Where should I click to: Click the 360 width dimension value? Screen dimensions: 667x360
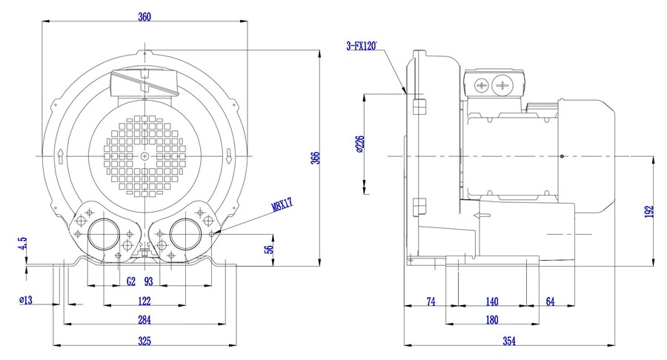(x=145, y=17)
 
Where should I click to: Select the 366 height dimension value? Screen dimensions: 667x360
(x=315, y=158)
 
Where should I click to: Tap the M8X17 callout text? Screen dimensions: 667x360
(x=283, y=204)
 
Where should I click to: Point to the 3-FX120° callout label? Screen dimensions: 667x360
(x=362, y=46)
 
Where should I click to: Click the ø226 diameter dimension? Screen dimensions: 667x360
(x=360, y=144)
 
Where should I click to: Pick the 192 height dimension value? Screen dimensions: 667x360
(x=649, y=212)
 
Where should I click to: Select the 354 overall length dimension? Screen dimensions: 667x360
(x=509, y=341)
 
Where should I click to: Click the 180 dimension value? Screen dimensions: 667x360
(x=492, y=319)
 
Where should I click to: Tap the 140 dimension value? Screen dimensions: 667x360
(x=492, y=301)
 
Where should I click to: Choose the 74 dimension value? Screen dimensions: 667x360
(x=431, y=301)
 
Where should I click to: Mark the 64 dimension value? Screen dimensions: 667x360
(x=551, y=301)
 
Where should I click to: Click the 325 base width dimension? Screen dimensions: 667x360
(x=145, y=341)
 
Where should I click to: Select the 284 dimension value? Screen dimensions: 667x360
(x=145, y=319)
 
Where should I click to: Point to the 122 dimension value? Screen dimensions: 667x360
(x=145, y=301)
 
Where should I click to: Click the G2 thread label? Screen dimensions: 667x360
(x=131, y=281)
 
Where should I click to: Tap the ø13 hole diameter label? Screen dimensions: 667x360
(x=26, y=300)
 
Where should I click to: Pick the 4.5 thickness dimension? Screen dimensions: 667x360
(x=22, y=244)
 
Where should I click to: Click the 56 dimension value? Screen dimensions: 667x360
(x=269, y=250)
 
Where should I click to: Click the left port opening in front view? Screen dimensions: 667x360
(x=104, y=234)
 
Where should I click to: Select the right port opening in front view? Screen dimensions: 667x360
(x=186, y=234)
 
